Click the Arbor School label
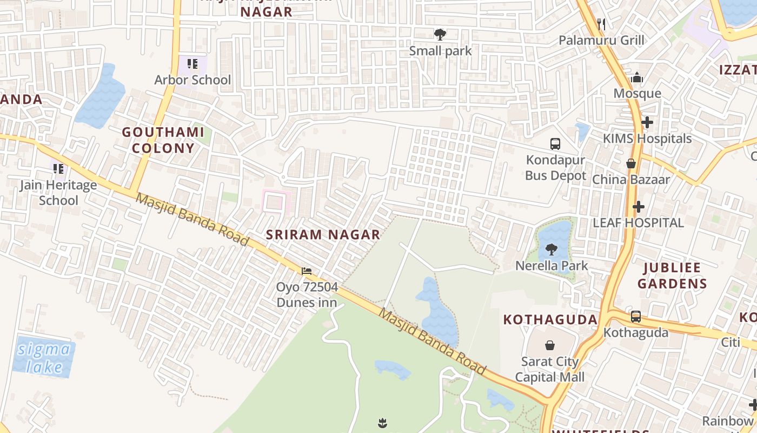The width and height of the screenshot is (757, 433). click(x=192, y=80)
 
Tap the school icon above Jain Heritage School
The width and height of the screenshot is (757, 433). click(x=58, y=169)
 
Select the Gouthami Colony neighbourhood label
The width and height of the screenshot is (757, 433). click(x=158, y=140)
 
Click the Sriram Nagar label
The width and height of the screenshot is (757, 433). click(x=323, y=234)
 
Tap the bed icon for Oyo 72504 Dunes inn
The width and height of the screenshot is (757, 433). click(x=307, y=271)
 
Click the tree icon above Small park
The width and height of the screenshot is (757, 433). click(x=440, y=35)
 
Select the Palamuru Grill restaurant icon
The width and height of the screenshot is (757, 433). click(x=601, y=24)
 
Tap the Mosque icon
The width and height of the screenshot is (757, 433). click(x=636, y=78)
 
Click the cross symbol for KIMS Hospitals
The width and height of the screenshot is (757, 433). click(x=647, y=122)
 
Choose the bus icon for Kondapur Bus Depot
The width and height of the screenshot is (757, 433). click(x=555, y=144)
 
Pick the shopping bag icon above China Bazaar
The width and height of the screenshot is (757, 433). click(x=630, y=163)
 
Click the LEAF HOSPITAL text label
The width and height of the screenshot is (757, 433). click(x=638, y=222)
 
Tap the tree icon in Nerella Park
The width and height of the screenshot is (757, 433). click(x=551, y=250)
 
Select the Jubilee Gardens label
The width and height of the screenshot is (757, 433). click(x=672, y=275)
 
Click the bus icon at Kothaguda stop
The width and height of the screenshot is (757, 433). click(x=636, y=317)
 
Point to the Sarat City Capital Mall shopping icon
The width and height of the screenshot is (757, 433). click(x=549, y=345)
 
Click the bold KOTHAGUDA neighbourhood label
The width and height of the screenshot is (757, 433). click(x=550, y=319)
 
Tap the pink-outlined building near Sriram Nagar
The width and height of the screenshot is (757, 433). click(x=276, y=201)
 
